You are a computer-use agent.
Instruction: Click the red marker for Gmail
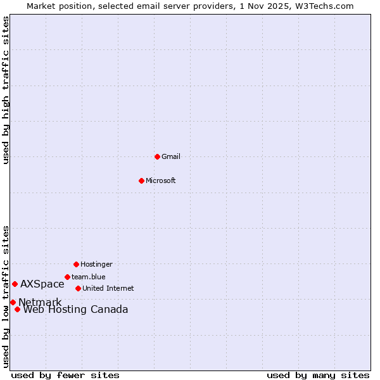pyautogui.click(x=157, y=156)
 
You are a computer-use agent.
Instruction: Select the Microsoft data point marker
pyautogui.click(x=142, y=180)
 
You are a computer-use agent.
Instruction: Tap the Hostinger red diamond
pyautogui.click(x=76, y=264)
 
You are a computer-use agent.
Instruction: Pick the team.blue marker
pyautogui.click(x=67, y=277)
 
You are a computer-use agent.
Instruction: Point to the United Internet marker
pyautogui.click(x=78, y=288)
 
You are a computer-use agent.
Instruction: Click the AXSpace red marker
pyautogui.click(x=15, y=284)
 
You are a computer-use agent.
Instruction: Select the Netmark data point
pyautogui.click(x=13, y=302)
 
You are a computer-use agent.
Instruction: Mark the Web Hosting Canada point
pyautogui.click(x=17, y=309)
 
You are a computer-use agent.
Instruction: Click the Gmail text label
pyautogui.click(x=171, y=156)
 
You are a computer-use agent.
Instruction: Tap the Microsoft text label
pyautogui.click(x=161, y=180)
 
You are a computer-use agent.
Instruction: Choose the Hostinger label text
pyautogui.click(x=96, y=264)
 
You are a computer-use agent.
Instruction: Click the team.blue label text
pyautogui.click(x=89, y=277)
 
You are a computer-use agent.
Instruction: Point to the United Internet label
pyautogui.click(x=108, y=288)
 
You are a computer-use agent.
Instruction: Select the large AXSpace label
pyautogui.click(x=42, y=284)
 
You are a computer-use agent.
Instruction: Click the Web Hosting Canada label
pyautogui.click(x=76, y=310)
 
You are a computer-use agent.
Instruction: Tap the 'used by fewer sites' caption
pyautogui.click(x=65, y=376)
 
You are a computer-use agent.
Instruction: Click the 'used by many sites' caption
pyautogui.click(x=318, y=376)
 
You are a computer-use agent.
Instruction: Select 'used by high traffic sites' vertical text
pyautogui.click(x=6, y=91)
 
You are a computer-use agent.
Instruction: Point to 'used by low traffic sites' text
pyautogui.click(x=6, y=296)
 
